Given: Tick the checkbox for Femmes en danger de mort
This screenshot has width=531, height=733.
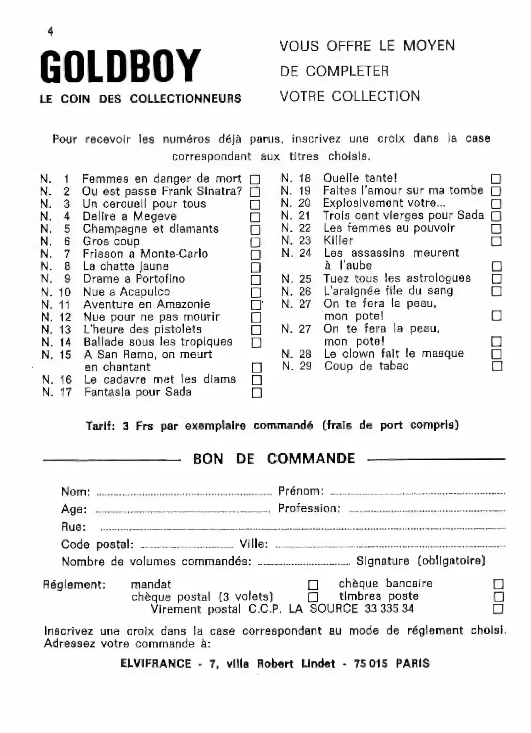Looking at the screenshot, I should tap(255, 179).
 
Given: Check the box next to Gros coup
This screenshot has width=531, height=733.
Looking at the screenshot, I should tap(256, 242).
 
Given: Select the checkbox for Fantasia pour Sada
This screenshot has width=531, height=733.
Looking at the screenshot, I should tap(257, 392).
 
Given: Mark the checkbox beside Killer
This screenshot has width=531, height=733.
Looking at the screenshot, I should tap(496, 241).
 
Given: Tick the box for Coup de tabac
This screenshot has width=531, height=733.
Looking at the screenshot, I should tap(497, 366).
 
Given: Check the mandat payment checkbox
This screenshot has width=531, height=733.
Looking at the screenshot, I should tap(313, 585).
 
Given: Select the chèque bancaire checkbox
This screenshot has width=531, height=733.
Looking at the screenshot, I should tap(498, 584).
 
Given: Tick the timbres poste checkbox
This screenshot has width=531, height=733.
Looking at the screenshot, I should tap(498, 597).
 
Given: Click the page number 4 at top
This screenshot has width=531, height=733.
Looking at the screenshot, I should tap(51, 31).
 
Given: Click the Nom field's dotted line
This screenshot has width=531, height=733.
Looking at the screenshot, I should tap(184, 494).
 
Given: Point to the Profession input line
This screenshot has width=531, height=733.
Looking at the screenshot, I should tap(427, 510).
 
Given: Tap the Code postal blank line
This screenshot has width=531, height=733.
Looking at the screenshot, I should tap(187, 546).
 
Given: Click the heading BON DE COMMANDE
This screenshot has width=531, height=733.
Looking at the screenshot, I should tap(274, 459).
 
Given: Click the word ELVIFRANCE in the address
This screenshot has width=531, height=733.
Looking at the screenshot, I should tap(156, 664).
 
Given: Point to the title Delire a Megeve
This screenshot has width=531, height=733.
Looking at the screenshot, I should tap(129, 216).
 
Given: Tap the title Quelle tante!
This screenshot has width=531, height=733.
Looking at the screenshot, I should tap(360, 178).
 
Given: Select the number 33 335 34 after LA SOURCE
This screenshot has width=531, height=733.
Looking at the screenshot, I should tap(389, 609).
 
